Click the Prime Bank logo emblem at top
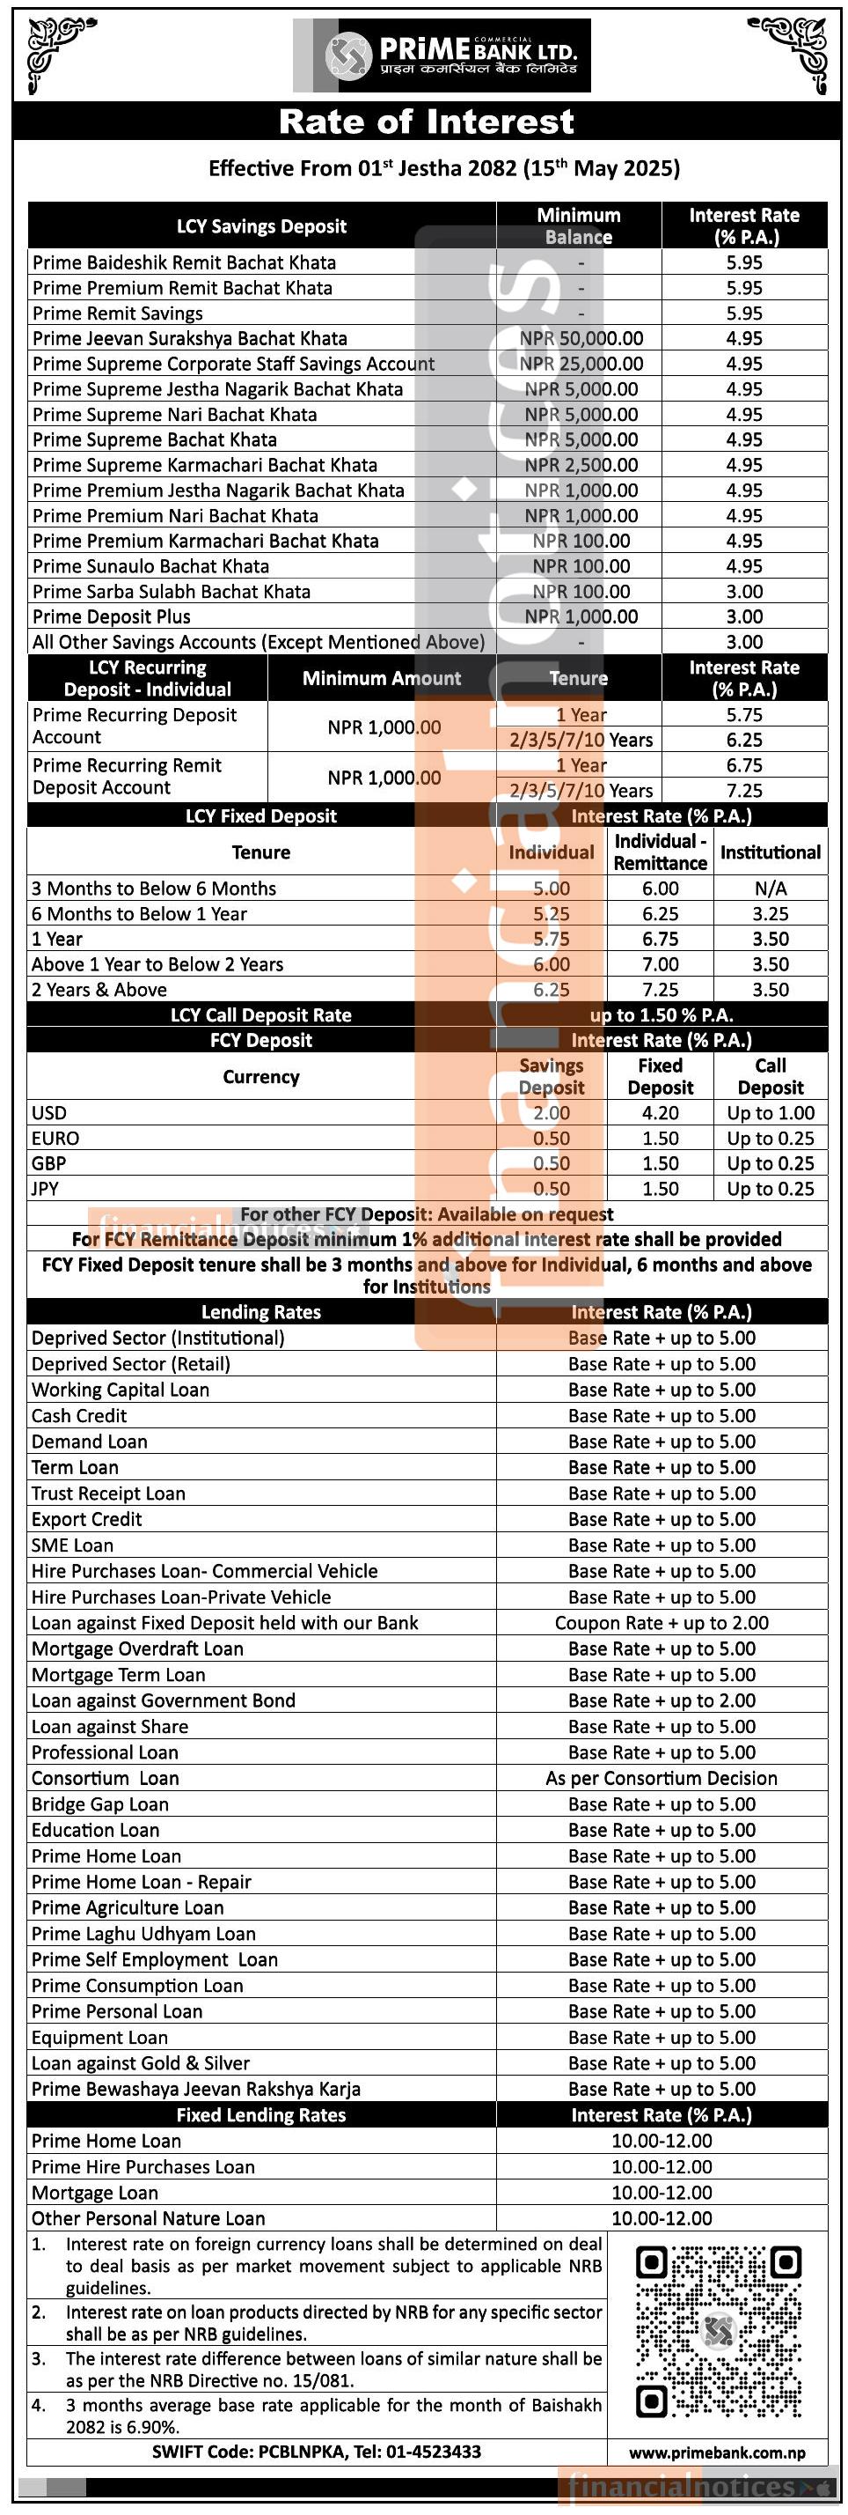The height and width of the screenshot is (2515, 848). click(347, 55)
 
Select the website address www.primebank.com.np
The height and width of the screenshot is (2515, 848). click(717, 2452)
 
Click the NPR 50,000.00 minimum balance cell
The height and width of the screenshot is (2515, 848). click(581, 339)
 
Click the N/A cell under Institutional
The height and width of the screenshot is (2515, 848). click(770, 889)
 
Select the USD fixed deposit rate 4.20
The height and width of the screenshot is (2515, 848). click(660, 1113)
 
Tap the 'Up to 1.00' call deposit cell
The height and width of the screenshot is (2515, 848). click(770, 1113)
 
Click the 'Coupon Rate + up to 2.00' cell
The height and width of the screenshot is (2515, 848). click(662, 1623)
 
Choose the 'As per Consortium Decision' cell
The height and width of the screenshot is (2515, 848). click(662, 1778)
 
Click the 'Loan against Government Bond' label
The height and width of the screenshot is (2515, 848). click(163, 1700)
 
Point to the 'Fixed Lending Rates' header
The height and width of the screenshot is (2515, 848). click(260, 2114)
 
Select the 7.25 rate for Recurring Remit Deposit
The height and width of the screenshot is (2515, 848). click(743, 791)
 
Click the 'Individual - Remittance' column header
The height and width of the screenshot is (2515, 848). click(660, 852)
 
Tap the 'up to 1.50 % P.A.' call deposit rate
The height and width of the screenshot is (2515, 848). click(662, 1015)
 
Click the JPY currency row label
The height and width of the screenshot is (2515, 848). click(45, 1189)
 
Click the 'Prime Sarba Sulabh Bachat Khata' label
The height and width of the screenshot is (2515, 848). click(171, 592)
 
